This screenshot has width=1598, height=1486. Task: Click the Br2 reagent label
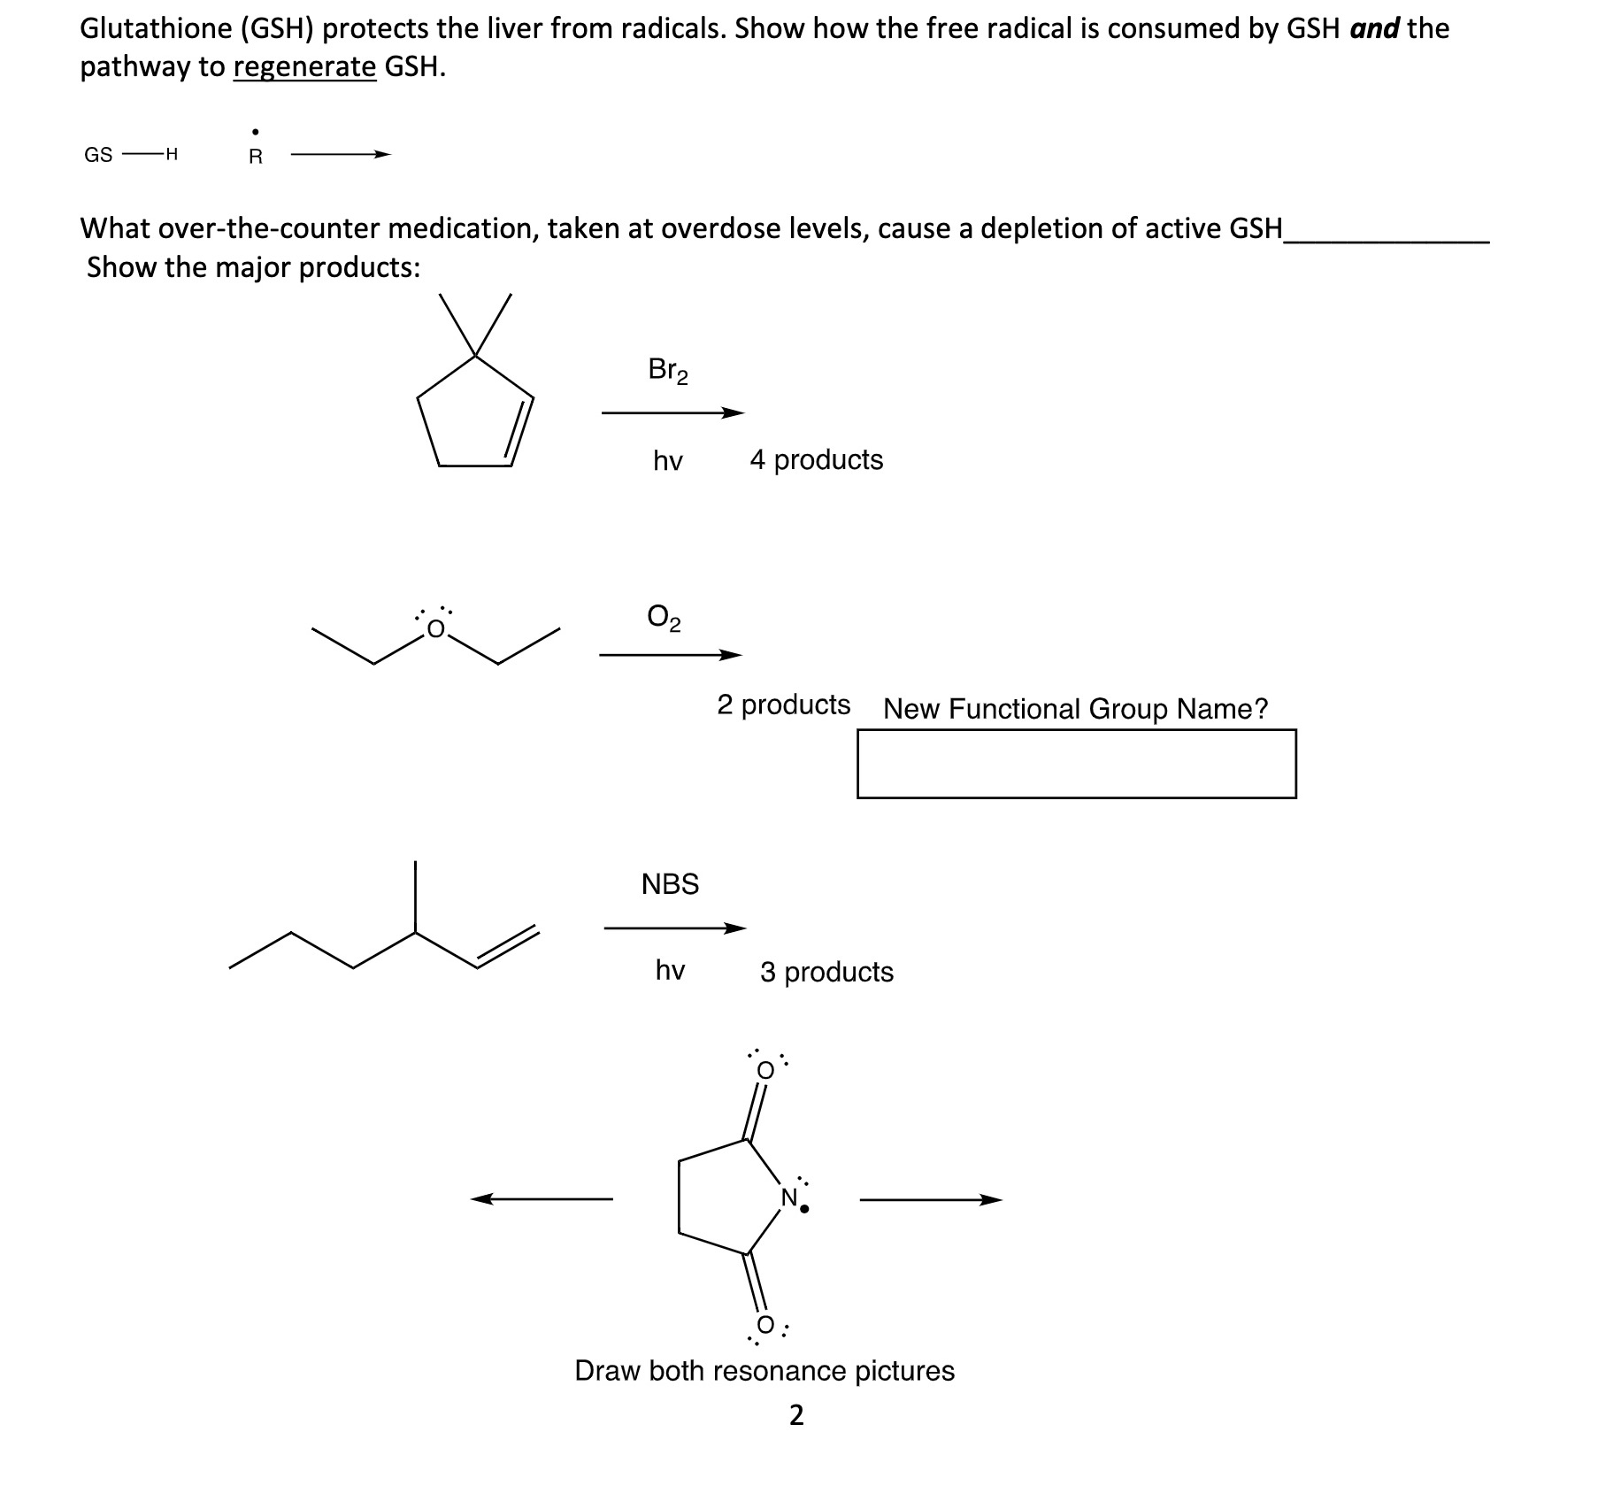[x=667, y=370]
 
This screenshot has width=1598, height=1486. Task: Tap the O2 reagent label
[x=664, y=617]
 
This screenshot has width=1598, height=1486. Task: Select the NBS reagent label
[x=670, y=883]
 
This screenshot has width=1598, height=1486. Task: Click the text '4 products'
[x=816, y=459]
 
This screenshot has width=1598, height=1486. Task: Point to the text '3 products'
[x=826, y=972]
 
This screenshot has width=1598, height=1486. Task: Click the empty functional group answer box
[x=1076, y=763]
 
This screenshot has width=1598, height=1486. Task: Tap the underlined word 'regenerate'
[x=304, y=67]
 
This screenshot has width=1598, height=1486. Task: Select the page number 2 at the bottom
[x=796, y=1415]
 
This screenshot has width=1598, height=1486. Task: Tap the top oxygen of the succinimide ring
[x=765, y=1070]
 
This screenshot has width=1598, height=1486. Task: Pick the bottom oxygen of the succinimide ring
[x=765, y=1325]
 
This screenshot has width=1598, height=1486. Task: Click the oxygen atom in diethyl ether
[x=434, y=629]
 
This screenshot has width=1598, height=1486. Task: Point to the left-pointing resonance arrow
[x=541, y=1199]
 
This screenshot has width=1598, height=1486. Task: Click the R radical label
[x=255, y=157]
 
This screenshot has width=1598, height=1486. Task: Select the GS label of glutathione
[x=98, y=155]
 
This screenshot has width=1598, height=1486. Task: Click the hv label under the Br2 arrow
[x=668, y=461]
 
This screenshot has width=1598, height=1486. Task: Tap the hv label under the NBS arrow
[x=670, y=971]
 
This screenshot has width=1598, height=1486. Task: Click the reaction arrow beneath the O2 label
[x=670, y=656]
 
